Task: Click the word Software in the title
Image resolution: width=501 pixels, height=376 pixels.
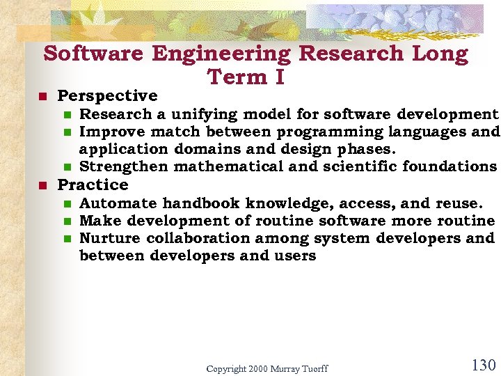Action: click(93, 54)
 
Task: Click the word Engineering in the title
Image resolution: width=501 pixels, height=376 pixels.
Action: click(222, 54)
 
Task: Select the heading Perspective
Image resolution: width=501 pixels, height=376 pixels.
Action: click(107, 95)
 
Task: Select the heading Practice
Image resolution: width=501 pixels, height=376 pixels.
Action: click(93, 185)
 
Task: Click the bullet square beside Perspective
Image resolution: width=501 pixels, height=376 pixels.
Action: click(42, 96)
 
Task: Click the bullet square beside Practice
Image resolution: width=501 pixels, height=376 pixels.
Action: click(42, 185)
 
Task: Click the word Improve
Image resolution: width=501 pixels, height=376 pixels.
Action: click(106, 132)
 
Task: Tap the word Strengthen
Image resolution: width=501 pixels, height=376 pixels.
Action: click(124, 166)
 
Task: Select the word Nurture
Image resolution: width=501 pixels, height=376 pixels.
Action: click(109, 238)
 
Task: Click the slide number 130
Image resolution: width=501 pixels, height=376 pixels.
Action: click(483, 365)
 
